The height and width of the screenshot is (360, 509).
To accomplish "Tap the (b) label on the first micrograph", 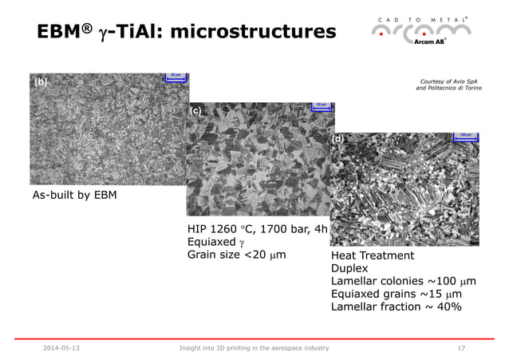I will [x=40, y=82].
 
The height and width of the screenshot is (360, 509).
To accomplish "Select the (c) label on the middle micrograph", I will [x=195, y=112].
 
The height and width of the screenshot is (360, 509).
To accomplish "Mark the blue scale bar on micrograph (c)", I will [x=321, y=106].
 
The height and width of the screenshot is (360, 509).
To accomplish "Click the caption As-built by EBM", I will [x=73, y=196].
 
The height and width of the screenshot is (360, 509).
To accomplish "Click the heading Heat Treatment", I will [x=373, y=255].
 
